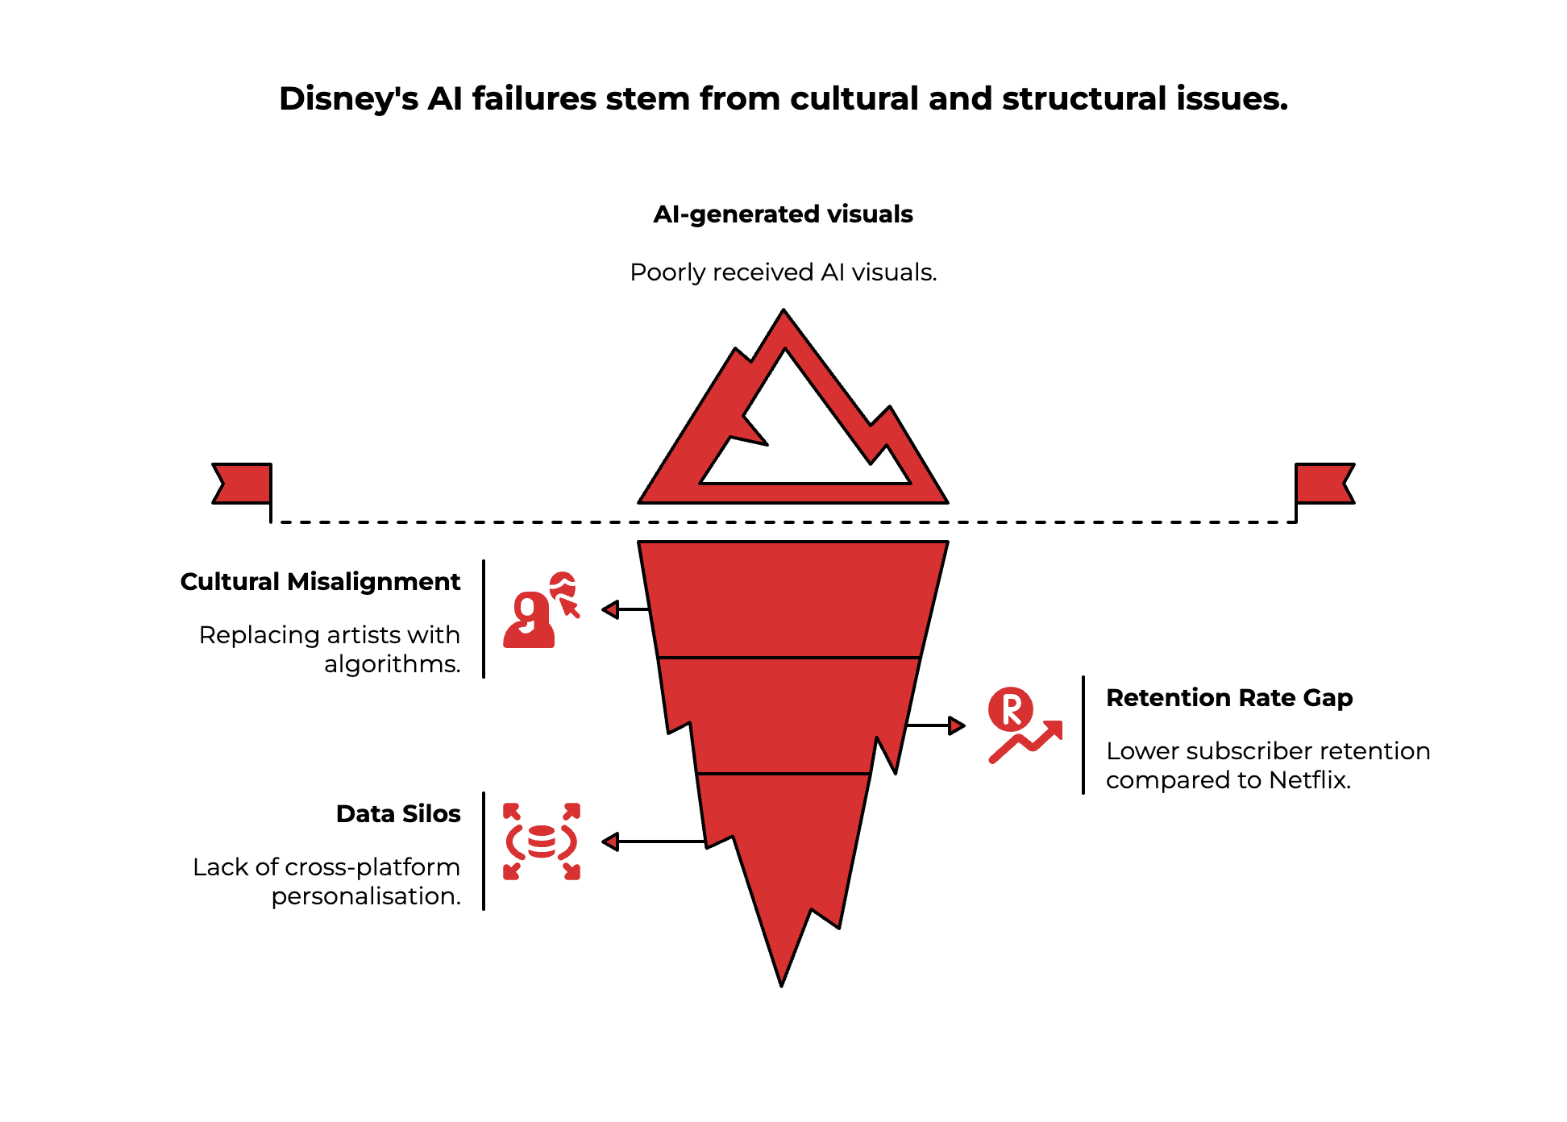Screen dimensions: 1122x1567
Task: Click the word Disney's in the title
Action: (x=348, y=99)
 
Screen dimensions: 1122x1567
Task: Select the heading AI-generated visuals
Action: (x=783, y=214)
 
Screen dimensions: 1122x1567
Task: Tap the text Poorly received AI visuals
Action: (x=783, y=272)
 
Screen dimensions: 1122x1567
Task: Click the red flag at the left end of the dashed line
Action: (x=242, y=484)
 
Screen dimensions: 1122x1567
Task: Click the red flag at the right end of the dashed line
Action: (x=1324, y=484)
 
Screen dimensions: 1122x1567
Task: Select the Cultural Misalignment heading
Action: (x=320, y=582)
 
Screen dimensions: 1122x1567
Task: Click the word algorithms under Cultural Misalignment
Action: (x=392, y=664)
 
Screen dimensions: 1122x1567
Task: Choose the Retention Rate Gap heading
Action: (x=1228, y=698)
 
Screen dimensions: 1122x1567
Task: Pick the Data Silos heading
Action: (x=398, y=814)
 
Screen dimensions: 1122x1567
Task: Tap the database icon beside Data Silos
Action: (x=541, y=841)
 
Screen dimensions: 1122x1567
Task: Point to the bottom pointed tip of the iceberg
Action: (x=781, y=979)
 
